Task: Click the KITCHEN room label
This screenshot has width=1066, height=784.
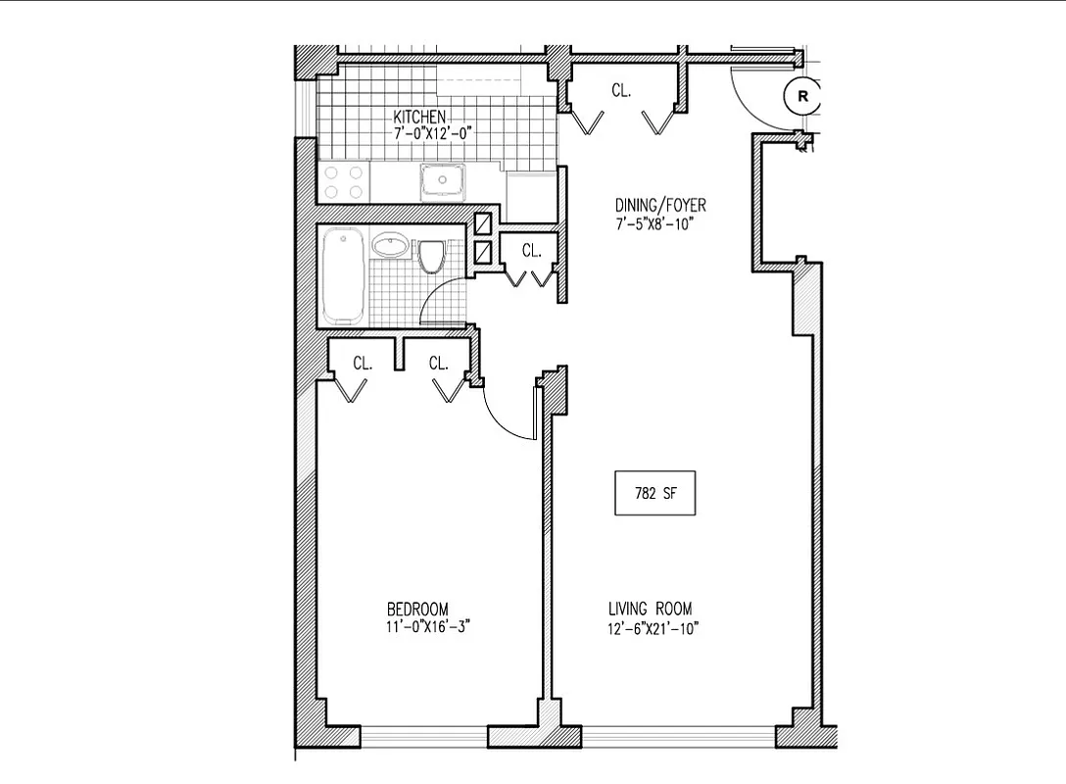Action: [419, 116]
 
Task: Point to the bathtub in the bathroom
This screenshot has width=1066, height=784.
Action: [343, 275]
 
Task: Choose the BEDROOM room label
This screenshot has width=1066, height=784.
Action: [417, 610]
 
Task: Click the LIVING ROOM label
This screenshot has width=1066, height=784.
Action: [651, 610]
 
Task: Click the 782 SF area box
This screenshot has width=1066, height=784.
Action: [654, 494]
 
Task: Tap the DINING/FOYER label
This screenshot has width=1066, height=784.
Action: [660, 206]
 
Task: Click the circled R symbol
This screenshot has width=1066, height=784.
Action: [802, 96]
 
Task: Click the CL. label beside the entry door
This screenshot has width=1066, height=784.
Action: [620, 90]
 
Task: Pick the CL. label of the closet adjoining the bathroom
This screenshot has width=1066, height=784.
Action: [531, 251]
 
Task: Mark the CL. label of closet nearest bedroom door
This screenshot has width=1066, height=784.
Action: [438, 363]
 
